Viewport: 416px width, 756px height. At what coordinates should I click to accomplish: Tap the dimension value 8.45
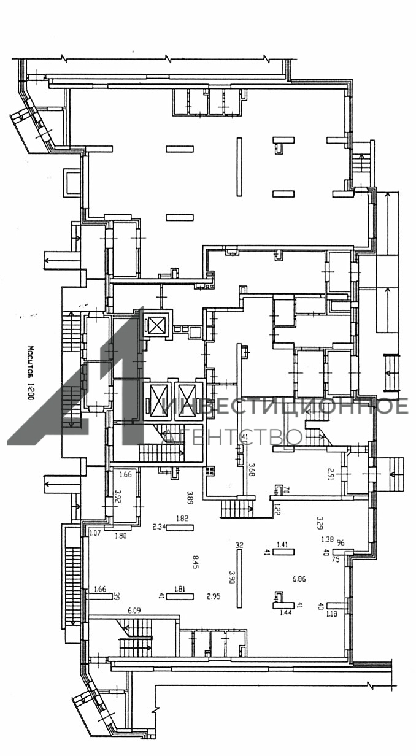(x=195, y=561)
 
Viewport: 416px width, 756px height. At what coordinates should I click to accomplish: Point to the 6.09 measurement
(x=134, y=611)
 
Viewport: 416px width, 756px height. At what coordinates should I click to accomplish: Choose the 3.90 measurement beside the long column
(x=231, y=577)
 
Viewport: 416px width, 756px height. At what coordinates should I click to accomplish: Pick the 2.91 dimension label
(x=330, y=472)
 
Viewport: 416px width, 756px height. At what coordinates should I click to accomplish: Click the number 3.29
(x=319, y=523)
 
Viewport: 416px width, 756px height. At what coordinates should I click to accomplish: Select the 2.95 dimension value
(x=214, y=596)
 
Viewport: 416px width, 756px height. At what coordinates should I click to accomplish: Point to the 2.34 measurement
(x=159, y=526)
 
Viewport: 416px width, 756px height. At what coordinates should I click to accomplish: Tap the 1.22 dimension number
(x=276, y=507)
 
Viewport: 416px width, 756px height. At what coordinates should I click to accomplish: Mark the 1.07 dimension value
(x=94, y=533)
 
